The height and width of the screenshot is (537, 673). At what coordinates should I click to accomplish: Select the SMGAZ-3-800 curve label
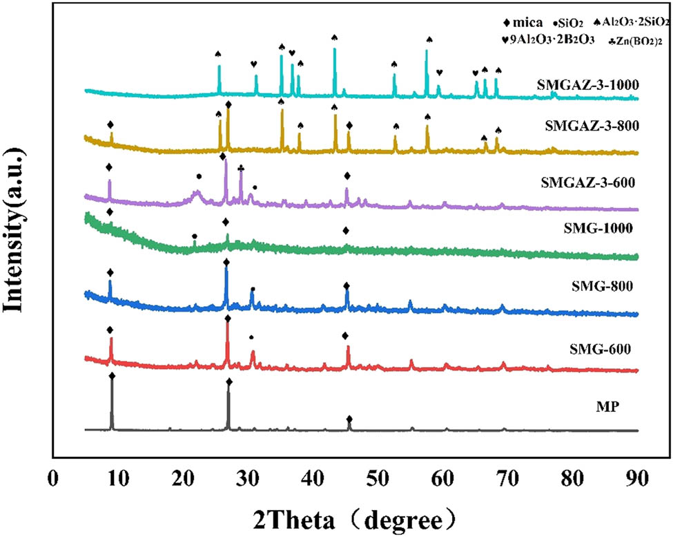[590, 126]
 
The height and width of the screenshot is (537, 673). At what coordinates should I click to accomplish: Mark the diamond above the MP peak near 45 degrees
[349, 420]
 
